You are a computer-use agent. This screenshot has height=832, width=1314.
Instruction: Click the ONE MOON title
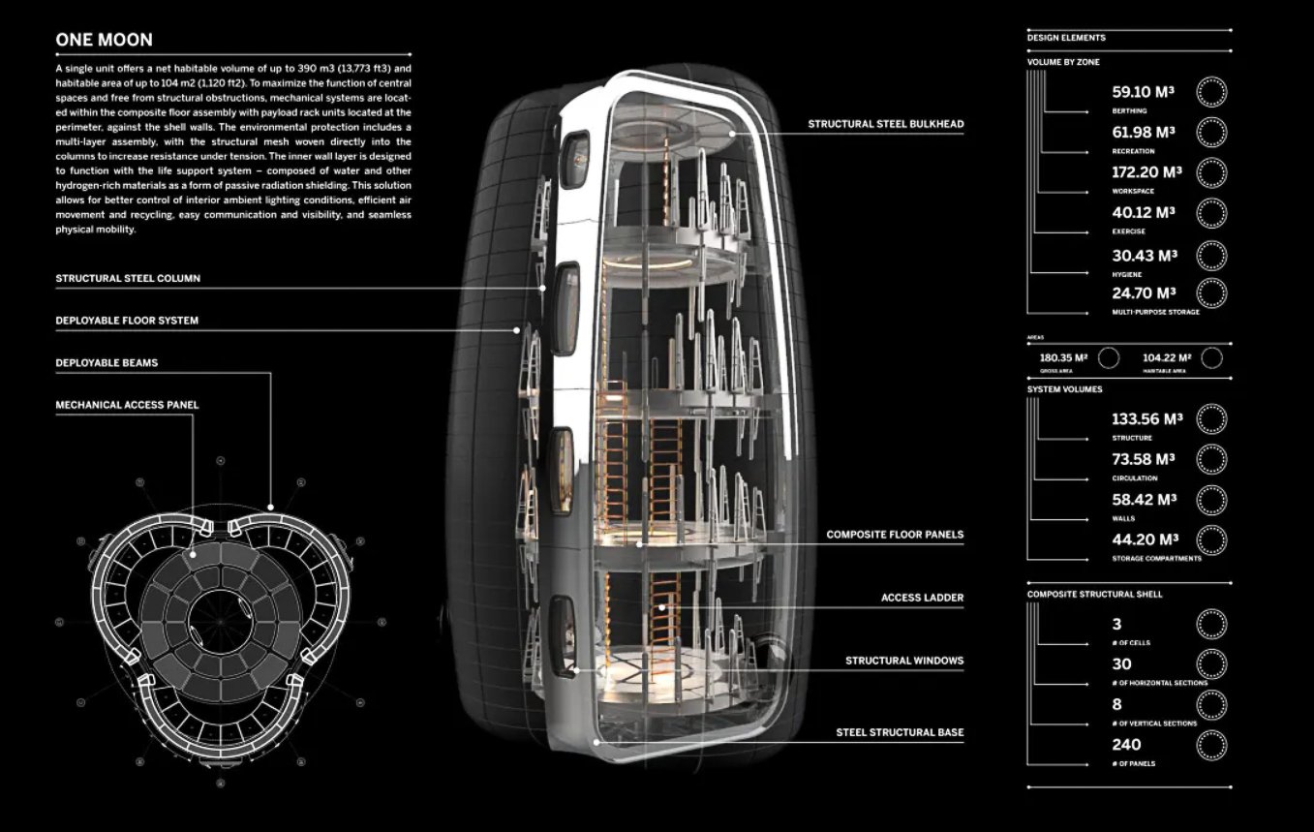[x=104, y=40]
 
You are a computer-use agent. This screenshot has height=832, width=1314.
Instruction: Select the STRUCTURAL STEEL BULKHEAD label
[x=886, y=124]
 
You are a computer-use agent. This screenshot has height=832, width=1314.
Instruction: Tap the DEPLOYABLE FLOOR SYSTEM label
[x=127, y=321]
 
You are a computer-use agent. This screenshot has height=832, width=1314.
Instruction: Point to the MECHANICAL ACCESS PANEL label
[x=127, y=405]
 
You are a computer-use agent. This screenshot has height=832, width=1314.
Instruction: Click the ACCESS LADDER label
[x=922, y=598]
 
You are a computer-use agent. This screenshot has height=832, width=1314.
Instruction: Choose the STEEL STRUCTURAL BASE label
[x=900, y=732]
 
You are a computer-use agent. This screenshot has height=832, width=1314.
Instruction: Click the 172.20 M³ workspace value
[x=1146, y=172]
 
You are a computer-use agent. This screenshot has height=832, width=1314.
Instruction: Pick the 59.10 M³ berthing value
[x=1143, y=92]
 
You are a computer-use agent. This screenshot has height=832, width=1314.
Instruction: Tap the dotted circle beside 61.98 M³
[x=1211, y=132]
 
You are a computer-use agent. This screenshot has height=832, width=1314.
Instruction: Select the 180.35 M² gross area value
[x=1063, y=357]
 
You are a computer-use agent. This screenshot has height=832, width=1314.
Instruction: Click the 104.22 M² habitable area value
[x=1167, y=357]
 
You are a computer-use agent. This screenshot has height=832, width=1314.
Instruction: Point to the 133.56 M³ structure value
[x=1146, y=419]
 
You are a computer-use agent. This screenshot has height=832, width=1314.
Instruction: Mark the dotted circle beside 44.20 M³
[x=1211, y=539]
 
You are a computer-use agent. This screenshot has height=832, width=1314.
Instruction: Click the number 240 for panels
[x=1126, y=745]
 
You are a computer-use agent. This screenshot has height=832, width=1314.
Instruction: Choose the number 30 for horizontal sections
[x=1121, y=664]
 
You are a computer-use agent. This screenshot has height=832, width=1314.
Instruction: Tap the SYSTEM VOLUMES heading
[x=1064, y=389]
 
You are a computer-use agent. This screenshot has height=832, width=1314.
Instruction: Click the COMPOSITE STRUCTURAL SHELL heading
[x=1094, y=594]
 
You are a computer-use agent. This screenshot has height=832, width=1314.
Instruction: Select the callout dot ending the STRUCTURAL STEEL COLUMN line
[x=542, y=288]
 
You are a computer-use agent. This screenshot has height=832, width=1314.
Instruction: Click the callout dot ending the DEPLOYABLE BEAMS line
[x=270, y=507]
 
